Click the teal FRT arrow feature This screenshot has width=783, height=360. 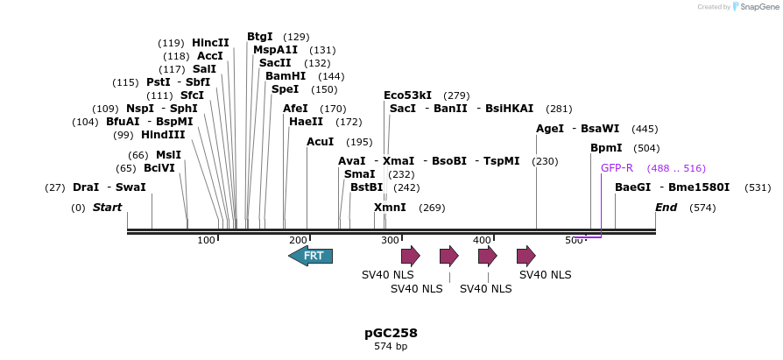point(310,256)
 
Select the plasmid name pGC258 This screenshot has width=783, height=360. point(391,333)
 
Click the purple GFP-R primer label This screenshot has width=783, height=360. point(617,168)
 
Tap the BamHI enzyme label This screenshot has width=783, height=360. point(286,76)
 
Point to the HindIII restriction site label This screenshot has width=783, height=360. point(163,135)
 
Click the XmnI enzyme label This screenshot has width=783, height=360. point(390,208)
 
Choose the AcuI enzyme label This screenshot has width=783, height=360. point(321,142)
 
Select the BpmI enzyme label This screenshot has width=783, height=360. point(606,148)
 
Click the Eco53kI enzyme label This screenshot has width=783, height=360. point(407,95)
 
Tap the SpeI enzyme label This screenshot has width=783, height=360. point(285,89)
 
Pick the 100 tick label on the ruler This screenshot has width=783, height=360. point(206,240)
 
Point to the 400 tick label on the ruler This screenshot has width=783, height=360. point(482,240)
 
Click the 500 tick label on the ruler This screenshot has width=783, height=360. point(575,240)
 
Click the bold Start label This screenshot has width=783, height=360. point(107,208)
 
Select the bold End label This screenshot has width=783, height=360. point(667,208)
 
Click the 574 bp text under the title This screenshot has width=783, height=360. point(391,346)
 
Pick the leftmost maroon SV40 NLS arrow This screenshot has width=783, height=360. point(410,256)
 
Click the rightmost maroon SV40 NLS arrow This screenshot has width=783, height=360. point(526,256)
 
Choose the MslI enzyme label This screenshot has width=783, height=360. point(168,155)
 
